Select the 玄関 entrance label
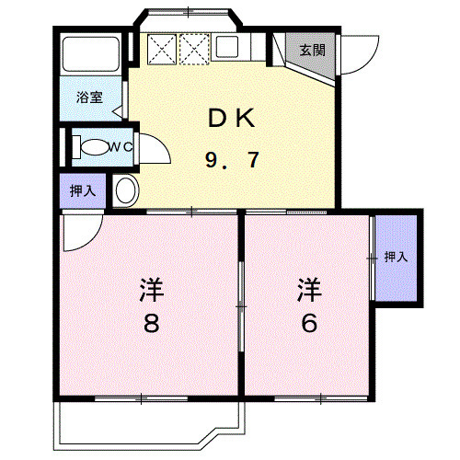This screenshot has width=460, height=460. click(311, 50)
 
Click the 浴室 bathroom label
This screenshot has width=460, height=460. click(88, 96)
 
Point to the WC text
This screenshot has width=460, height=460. click(121, 145)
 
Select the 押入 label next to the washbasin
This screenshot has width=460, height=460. click(83, 190)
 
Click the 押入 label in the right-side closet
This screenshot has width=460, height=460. click(396, 257)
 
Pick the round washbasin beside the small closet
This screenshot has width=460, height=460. click(126, 190)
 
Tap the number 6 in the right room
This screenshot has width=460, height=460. click(309, 324)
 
